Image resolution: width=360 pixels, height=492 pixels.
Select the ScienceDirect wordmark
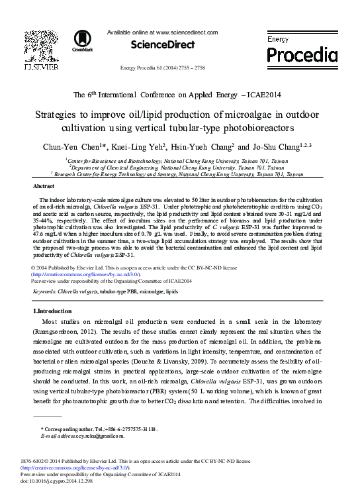163,45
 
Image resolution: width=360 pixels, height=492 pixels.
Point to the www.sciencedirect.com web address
188,32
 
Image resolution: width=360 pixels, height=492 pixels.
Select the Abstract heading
43,187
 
